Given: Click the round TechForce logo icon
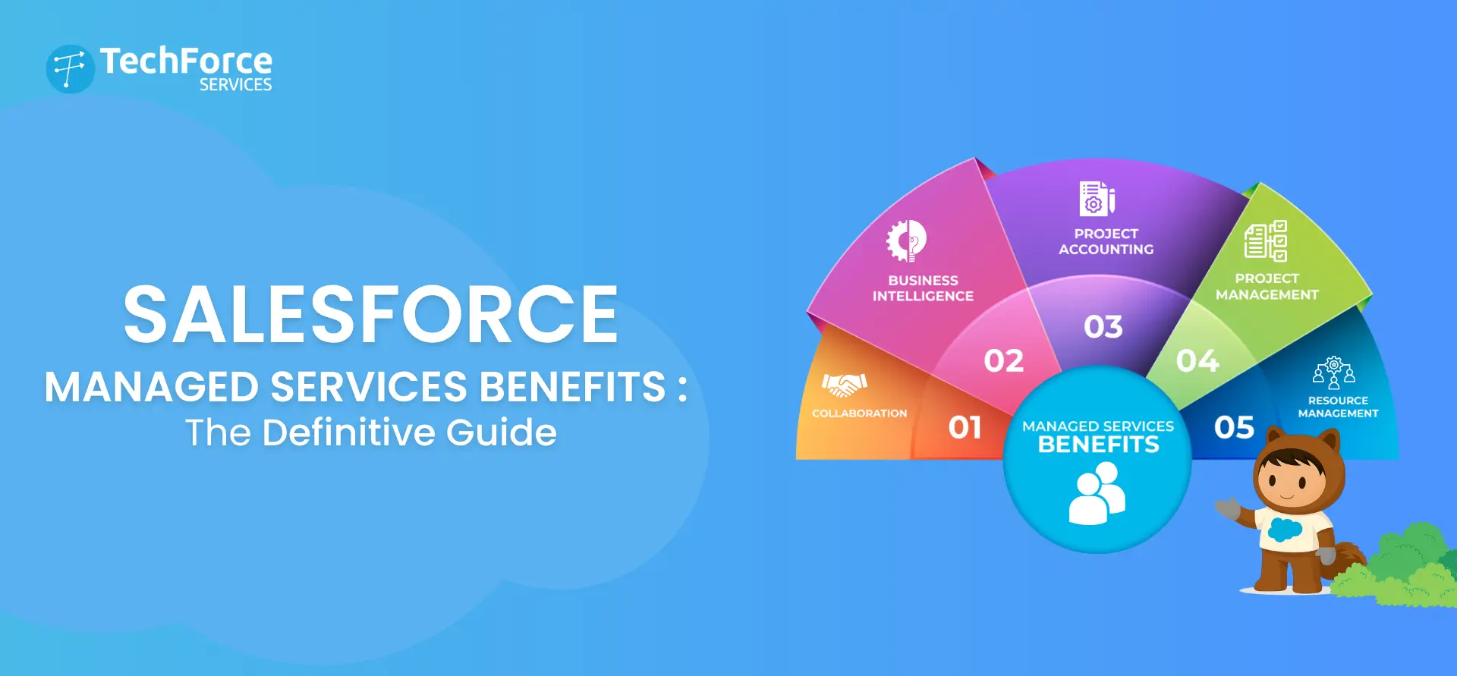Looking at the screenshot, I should pyautogui.click(x=71, y=69).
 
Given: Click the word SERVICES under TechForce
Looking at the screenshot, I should pyautogui.click(x=235, y=85).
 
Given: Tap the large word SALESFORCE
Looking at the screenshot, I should pyautogui.click(x=370, y=314).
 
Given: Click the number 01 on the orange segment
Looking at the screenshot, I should pyautogui.click(x=965, y=428).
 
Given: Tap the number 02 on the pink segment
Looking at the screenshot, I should pyautogui.click(x=1003, y=361).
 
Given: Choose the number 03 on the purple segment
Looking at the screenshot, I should pyautogui.click(x=1103, y=327).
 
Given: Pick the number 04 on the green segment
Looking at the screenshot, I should pyautogui.click(x=1197, y=361).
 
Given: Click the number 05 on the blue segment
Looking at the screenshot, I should pyautogui.click(x=1234, y=428).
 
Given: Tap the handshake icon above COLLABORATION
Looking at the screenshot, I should pyautogui.click(x=844, y=385).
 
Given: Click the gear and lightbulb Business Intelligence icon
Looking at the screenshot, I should pyautogui.click(x=907, y=241).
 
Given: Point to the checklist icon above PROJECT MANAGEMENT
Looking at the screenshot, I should pyautogui.click(x=1266, y=241).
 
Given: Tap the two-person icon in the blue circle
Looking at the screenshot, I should pyautogui.click(x=1097, y=494).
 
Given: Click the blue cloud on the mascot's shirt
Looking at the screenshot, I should pyautogui.click(x=1285, y=529).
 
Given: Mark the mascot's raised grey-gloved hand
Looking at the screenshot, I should pyautogui.click(x=1228, y=508).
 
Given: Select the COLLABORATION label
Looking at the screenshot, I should pyautogui.click(x=859, y=413).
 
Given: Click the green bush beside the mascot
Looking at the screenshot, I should pyautogui.click(x=1404, y=569).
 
